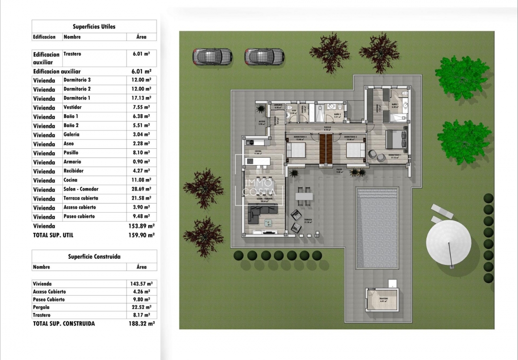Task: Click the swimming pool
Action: (x=377, y=228)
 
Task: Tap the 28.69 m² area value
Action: (x=141, y=189)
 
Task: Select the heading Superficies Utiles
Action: (x=94, y=27)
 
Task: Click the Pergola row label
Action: (x=41, y=307)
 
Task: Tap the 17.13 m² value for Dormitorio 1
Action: (x=141, y=98)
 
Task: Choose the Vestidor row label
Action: (x=72, y=107)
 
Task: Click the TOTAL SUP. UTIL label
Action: (x=53, y=235)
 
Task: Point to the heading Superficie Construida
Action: (x=94, y=257)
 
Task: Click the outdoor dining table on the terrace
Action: (x=304, y=196)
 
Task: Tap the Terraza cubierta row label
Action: (x=81, y=198)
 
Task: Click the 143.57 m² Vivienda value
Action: (x=142, y=284)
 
